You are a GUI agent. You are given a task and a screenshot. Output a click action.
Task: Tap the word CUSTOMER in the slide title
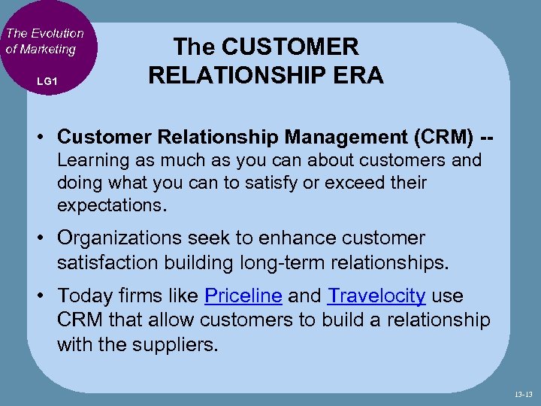coord(289,47)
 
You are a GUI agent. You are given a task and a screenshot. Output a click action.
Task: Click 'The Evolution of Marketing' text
coord(44,41)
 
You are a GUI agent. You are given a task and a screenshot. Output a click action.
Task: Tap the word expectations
coord(113,205)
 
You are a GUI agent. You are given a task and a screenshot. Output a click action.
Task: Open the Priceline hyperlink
coord(243,296)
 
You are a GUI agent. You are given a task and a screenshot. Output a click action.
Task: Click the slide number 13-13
coord(524,393)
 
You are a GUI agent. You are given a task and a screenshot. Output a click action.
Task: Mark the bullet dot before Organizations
coord(45,239)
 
